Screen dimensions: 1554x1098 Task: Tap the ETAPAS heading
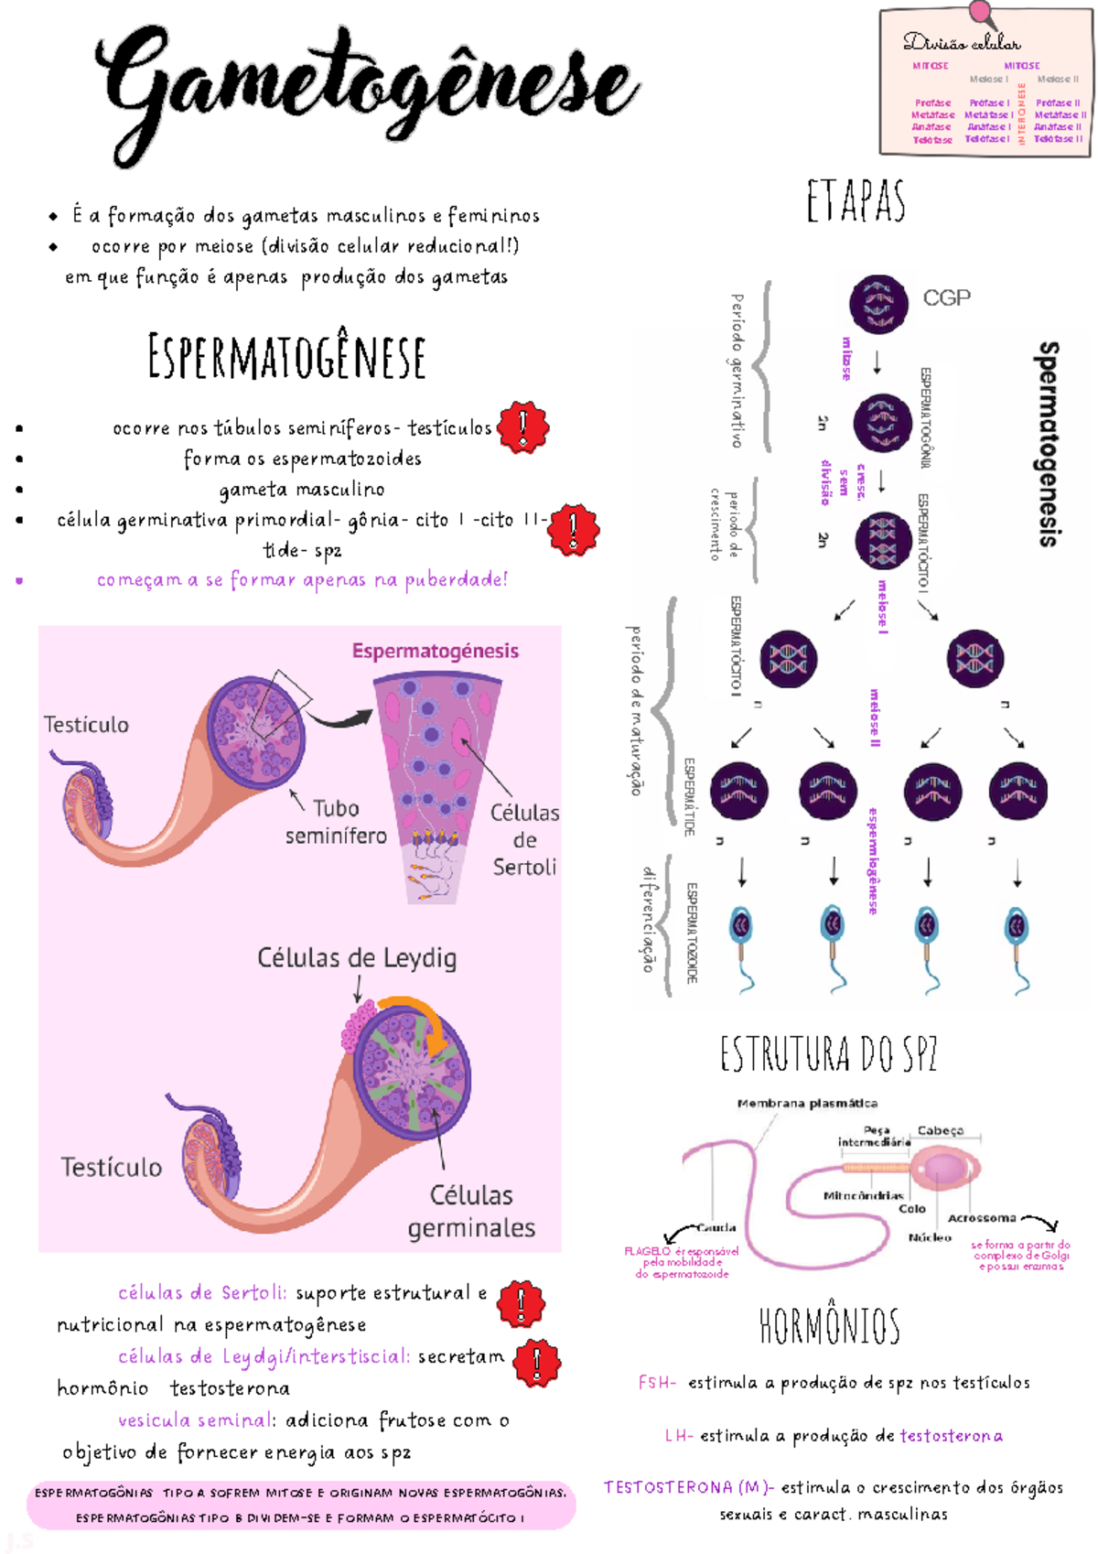(856, 202)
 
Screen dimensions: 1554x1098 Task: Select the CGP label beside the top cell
(946, 298)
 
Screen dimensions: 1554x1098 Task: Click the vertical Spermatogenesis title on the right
(1049, 444)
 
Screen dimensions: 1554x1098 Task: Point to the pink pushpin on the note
(982, 14)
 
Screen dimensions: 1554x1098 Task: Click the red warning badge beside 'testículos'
(522, 426)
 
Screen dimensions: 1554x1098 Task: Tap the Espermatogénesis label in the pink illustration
(435, 651)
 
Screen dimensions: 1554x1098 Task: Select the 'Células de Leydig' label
(356, 958)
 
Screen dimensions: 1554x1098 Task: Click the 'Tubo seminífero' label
(336, 822)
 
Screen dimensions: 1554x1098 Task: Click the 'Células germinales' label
(471, 1211)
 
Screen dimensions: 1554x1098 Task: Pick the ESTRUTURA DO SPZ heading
(828, 1054)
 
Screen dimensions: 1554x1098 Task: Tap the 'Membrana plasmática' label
(807, 1104)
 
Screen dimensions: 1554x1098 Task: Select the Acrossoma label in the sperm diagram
(982, 1218)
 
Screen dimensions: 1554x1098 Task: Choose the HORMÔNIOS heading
(829, 1325)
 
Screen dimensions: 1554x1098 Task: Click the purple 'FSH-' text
(656, 1383)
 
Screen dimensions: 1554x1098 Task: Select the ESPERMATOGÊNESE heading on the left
(286, 357)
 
